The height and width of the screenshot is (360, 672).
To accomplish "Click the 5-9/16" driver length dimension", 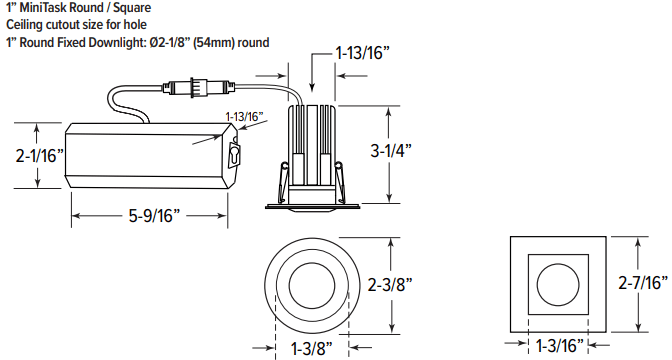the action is pos(154,215).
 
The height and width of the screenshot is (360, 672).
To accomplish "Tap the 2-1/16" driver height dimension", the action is pos(39,156).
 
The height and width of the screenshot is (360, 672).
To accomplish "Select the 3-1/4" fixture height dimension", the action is pos(391,150).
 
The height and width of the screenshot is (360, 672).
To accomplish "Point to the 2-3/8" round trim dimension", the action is pos(390,284).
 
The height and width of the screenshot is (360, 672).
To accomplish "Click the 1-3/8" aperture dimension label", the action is pos(312,348).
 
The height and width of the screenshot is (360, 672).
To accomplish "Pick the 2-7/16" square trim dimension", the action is pos(643,282).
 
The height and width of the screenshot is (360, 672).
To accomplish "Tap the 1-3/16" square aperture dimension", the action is pos(560,345).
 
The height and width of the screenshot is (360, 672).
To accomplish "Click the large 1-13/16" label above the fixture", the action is pos(363,53).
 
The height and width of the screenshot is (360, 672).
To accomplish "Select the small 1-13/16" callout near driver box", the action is pos(244,117).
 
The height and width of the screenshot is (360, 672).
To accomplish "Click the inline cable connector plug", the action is pos(198,87).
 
